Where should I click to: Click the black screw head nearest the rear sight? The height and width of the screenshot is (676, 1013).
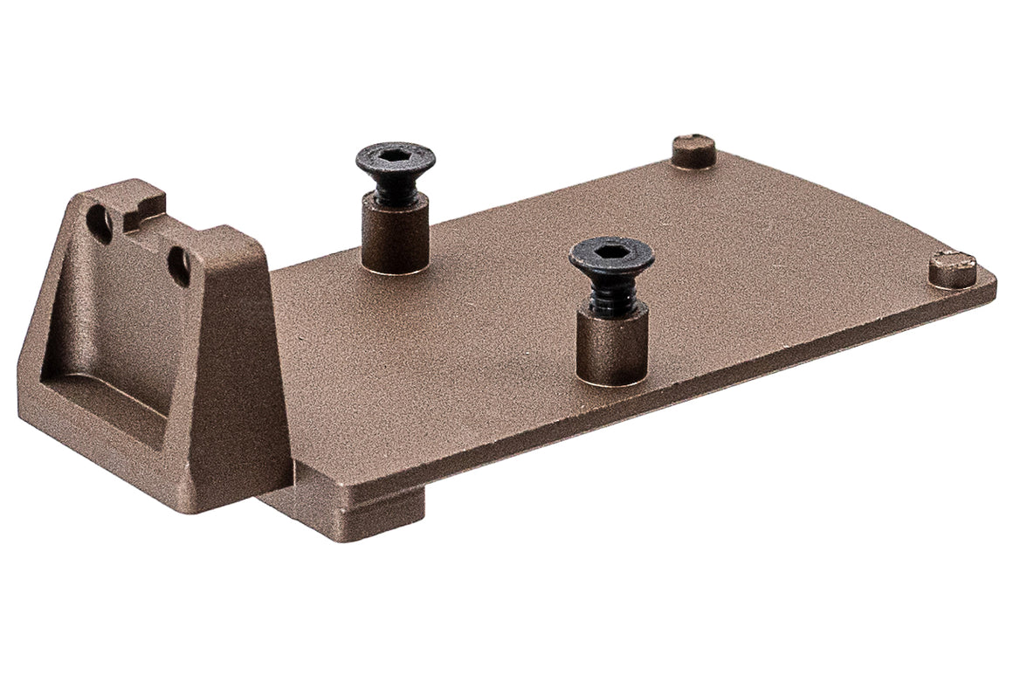tap(395, 160)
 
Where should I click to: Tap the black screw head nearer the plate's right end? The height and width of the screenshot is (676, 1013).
tap(611, 255)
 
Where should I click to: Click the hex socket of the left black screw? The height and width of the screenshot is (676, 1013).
tap(395, 155)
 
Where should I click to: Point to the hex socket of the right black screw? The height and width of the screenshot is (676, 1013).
tap(611, 251)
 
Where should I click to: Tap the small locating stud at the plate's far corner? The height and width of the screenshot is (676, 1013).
tap(693, 149)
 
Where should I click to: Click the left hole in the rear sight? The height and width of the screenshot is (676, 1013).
tap(100, 225)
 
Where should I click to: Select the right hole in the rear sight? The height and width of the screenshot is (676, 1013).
tap(179, 266)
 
